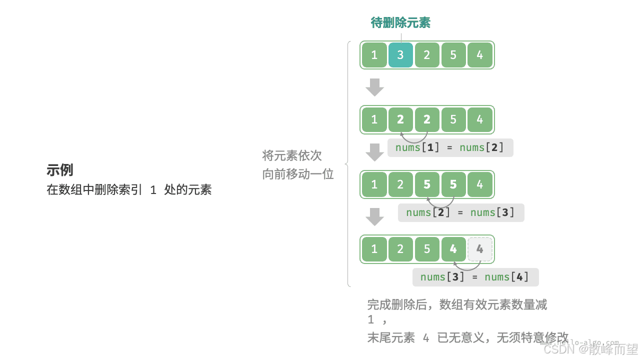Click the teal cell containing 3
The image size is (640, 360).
point(400,55)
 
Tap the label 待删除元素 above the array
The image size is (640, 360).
point(400,22)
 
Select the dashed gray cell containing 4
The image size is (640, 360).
point(480,249)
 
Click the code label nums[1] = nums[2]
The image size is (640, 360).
point(450,147)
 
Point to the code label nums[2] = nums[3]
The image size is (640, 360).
point(460,212)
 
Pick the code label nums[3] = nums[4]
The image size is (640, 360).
point(475,277)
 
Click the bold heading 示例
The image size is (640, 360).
point(60,170)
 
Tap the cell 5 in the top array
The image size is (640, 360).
point(453,55)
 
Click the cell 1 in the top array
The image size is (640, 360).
point(374,55)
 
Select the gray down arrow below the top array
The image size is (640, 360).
point(374,87)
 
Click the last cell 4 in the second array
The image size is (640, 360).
point(480,119)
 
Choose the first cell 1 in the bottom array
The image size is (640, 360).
point(374,249)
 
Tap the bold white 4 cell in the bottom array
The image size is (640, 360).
point(453,249)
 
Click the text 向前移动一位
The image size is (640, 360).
point(298,174)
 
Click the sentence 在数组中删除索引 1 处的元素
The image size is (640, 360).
point(129,190)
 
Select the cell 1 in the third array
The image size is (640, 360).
point(374,184)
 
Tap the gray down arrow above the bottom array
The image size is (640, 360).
point(374,217)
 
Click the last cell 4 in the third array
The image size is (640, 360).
point(480,184)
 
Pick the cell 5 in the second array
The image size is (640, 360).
point(453,119)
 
